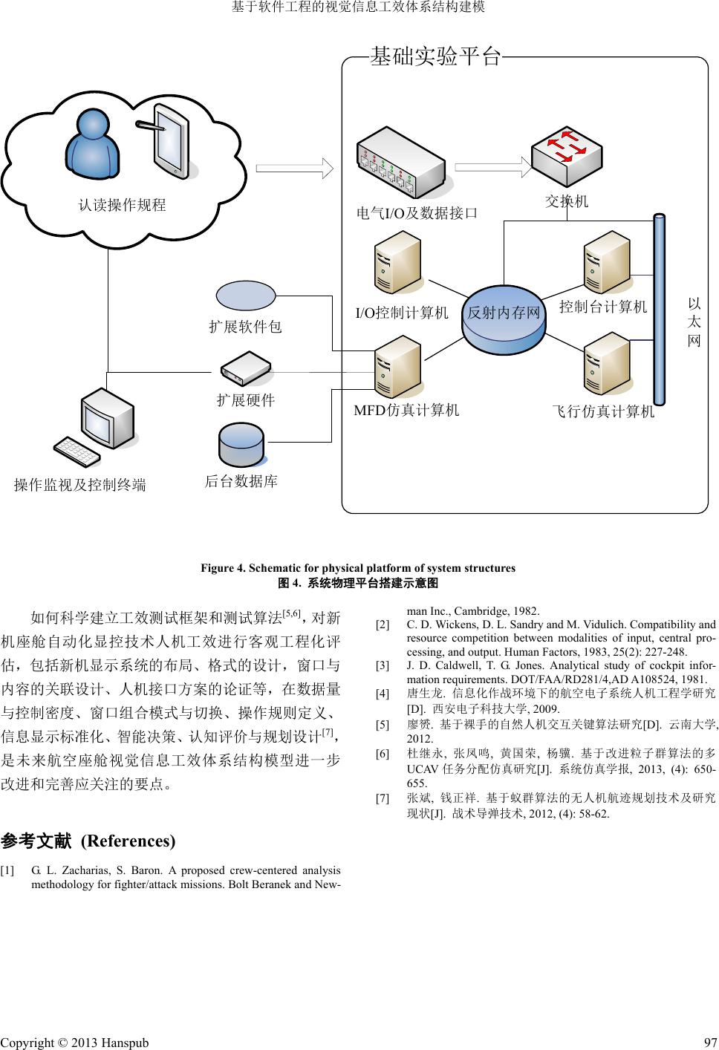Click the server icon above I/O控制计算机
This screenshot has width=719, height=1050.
(397, 263)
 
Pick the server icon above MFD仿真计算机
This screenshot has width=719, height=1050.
(397, 367)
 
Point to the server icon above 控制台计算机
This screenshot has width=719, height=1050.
(605, 263)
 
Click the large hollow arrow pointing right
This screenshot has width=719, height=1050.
(294, 167)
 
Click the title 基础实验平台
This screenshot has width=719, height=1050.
(435, 56)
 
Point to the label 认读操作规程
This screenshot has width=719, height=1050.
(123, 205)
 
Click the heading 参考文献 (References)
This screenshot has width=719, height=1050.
(88, 841)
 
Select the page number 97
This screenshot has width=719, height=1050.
(709, 1043)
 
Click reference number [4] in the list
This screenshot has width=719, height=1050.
(383, 694)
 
